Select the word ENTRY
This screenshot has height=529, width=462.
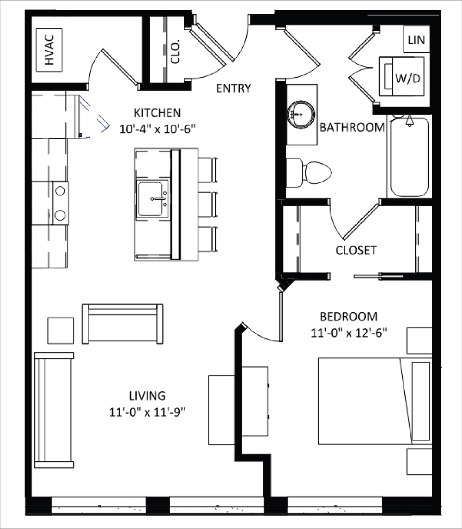coord(233,88)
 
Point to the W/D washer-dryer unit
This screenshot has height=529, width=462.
coord(401,76)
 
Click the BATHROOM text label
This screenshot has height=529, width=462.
coord(352,127)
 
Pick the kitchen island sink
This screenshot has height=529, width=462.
coord(152,199)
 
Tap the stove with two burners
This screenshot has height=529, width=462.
coord(60,203)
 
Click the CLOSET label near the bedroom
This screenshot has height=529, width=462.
coord(356,250)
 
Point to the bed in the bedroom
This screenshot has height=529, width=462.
coord(374,400)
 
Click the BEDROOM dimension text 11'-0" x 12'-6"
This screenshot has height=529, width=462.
coord(349,332)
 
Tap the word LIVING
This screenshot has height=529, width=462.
coord(147,396)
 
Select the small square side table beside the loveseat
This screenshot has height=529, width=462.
coord(60,330)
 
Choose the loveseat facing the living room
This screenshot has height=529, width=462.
coord(122,324)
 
